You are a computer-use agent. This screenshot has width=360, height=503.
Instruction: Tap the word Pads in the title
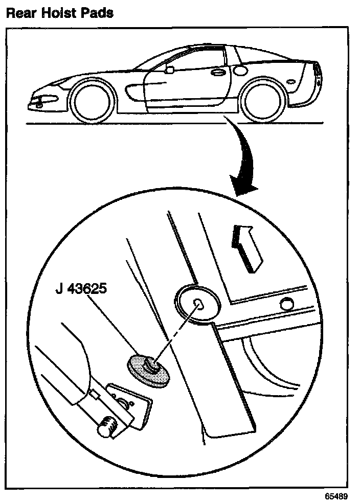pyautogui.click(x=96, y=12)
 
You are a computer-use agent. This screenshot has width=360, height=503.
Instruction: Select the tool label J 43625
pyautogui.click(x=81, y=290)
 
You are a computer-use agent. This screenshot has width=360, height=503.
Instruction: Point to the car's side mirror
pyautogui.click(x=169, y=67)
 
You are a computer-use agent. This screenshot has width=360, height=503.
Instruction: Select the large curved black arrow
pyautogui.click(x=240, y=164)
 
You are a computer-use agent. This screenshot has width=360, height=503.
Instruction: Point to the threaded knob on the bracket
pyautogui.click(x=108, y=426)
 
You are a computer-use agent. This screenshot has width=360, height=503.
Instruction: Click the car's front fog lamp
pyautogui.click(x=40, y=103)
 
